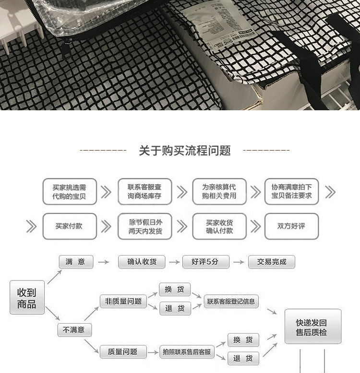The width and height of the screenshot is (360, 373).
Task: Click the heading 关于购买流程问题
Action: coord(185,151)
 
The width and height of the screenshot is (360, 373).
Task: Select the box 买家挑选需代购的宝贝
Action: coord(69,192)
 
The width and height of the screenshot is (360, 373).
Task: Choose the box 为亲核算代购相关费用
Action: coord(219,192)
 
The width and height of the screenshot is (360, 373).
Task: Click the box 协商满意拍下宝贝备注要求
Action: coord(291,192)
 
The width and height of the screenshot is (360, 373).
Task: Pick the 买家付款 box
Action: coord(69,226)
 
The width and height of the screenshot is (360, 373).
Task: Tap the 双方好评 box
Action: coord(291,226)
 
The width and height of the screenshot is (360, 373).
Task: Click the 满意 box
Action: coord(75,262)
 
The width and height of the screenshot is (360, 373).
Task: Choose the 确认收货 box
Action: coord(142,262)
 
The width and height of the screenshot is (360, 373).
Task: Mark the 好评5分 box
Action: coord(205,262)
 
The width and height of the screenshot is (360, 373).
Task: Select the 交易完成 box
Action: coord(272,262)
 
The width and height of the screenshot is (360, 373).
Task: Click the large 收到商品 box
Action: coord(27,298)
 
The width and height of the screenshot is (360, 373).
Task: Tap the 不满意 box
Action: coord(74,330)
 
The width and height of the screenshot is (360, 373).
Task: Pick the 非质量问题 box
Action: coord(123,301)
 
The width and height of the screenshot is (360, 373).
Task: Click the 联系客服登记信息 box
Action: coord(231,302)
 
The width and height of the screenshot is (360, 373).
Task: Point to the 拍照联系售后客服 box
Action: coord(187,352)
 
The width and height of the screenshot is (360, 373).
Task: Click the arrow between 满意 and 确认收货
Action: coord(102,262)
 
